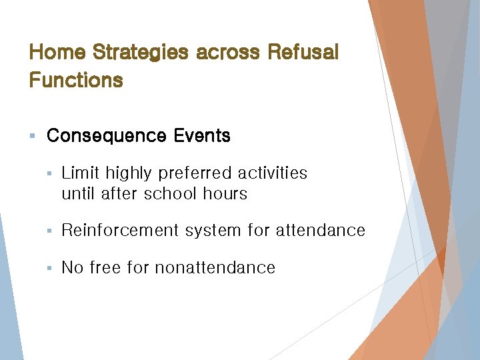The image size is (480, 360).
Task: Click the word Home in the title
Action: [x=58, y=52]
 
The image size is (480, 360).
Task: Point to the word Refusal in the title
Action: [x=303, y=52]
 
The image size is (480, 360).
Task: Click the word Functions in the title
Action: [x=76, y=81]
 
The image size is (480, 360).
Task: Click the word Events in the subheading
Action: [x=202, y=136]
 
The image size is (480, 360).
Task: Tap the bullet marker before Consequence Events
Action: [x=32, y=137]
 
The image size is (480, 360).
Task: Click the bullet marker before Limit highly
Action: [x=50, y=174]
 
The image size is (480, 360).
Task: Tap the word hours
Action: [x=223, y=194]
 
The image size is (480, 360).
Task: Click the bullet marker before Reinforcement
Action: [x=50, y=231]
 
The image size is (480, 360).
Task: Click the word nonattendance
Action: [x=215, y=268]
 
